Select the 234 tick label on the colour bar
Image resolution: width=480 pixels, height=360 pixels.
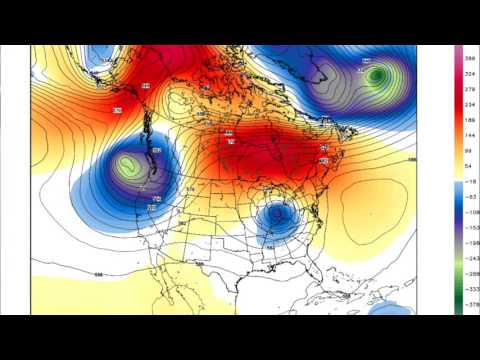pos(467,103)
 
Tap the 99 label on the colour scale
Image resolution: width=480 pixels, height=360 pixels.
pos(467,147)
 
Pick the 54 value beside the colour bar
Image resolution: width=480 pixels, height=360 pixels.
pos(467,162)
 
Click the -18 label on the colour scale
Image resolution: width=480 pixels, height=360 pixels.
pos(467,184)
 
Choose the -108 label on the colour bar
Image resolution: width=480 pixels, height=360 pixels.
pos(467,213)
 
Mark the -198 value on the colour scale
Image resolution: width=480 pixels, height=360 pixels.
pos(467,241)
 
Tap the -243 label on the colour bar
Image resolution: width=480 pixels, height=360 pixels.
pos(467,257)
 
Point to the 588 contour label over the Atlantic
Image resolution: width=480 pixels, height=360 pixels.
pos(412,159)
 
